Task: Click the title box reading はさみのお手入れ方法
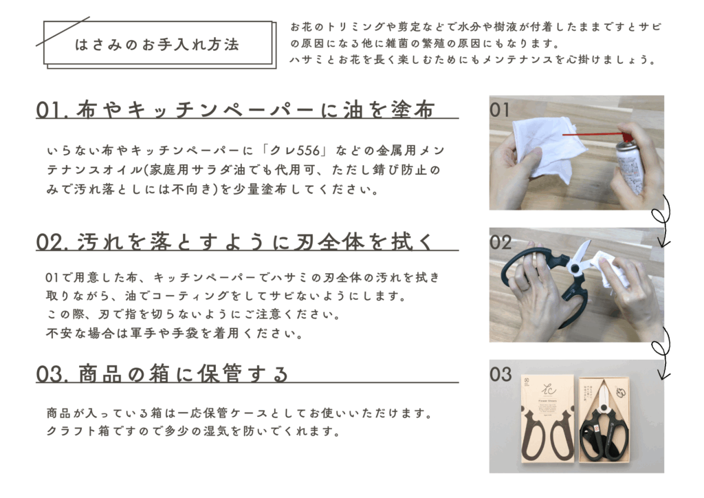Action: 158,43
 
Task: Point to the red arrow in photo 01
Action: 597,134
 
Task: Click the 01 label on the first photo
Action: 500,110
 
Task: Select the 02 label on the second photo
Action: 500,243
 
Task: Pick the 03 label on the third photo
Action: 500,374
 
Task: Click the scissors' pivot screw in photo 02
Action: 573,269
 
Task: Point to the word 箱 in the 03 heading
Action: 159,374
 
